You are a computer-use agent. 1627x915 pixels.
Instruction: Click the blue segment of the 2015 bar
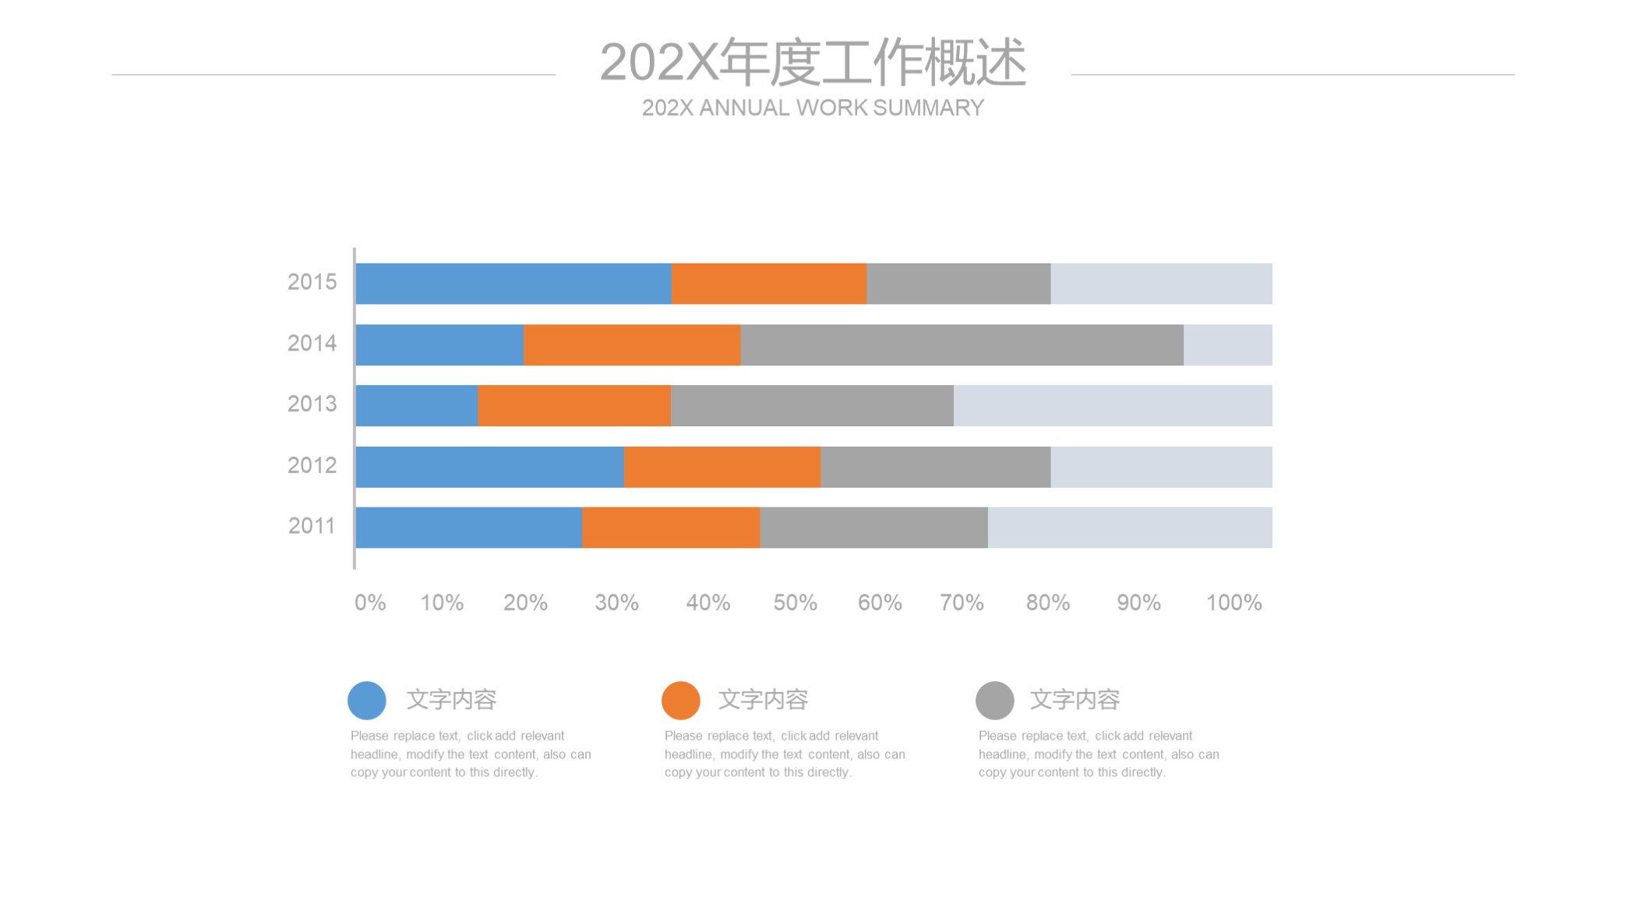[x=514, y=284]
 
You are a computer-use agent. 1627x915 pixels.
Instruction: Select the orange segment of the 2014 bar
[x=632, y=345]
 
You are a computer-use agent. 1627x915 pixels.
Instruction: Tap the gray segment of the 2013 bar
[x=812, y=406]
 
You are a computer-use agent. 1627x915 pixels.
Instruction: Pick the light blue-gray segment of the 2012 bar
[x=1161, y=467]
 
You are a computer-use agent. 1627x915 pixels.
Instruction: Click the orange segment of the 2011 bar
[x=671, y=528]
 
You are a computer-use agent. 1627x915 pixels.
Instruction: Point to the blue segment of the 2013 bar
[x=417, y=406]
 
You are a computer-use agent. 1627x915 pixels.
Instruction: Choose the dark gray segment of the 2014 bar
[x=962, y=345]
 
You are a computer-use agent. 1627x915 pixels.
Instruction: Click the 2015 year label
[x=312, y=282]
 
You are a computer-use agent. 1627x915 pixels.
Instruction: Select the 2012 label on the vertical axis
[x=312, y=465]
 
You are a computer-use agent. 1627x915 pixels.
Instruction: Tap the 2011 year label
[x=312, y=526]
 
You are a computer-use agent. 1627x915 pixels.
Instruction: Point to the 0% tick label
[x=370, y=602]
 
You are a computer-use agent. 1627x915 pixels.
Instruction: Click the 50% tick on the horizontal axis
[x=795, y=602]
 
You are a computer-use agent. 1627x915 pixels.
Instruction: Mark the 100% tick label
[x=1233, y=602]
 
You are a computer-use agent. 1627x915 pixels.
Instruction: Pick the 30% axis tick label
[x=616, y=602]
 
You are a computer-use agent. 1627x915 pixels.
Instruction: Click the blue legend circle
[x=367, y=701]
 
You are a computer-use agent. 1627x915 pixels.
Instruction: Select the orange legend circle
[x=681, y=701]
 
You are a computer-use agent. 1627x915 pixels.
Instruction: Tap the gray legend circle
[x=995, y=701]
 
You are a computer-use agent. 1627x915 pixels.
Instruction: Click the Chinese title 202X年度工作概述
[x=813, y=62]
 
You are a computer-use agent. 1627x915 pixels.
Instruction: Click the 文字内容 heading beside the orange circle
[x=763, y=700]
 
